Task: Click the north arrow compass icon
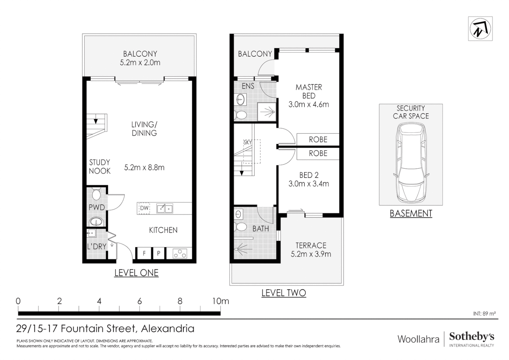click(480, 29)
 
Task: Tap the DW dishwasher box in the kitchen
click(144, 208)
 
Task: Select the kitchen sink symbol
click(165, 208)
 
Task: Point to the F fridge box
click(144, 253)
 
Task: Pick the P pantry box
click(159, 253)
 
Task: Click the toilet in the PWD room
click(96, 194)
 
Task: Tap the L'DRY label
click(97, 246)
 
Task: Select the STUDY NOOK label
click(100, 166)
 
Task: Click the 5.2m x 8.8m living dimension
click(144, 167)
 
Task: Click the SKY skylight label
click(248, 142)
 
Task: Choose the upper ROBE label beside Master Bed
click(318, 139)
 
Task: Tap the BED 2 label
click(308, 175)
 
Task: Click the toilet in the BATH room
click(240, 227)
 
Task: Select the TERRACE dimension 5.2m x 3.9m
click(311, 254)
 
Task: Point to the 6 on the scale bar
click(140, 301)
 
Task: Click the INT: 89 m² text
click(484, 314)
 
